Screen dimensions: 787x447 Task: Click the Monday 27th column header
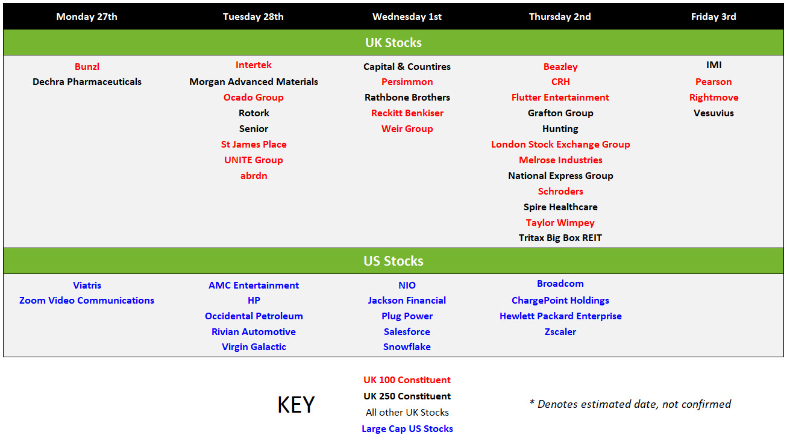(x=87, y=17)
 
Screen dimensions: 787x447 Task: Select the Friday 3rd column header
(x=713, y=17)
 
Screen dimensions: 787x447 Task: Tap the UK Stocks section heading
(x=393, y=43)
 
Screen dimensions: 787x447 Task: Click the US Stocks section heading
(x=393, y=261)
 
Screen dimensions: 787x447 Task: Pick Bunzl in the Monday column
(x=87, y=66)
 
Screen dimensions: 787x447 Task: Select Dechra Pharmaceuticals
(x=87, y=82)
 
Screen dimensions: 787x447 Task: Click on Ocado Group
(x=253, y=98)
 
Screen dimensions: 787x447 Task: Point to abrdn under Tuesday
(x=254, y=175)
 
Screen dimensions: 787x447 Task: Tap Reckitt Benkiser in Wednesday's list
(x=407, y=113)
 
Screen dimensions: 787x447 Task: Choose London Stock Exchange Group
(x=560, y=145)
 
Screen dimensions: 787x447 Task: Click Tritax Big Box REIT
(x=560, y=238)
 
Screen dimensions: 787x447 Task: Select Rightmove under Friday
(x=713, y=98)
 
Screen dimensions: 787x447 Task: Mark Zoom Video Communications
(x=86, y=301)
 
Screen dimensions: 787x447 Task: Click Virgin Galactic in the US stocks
(x=254, y=347)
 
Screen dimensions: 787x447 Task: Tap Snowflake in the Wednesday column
(x=407, y=347)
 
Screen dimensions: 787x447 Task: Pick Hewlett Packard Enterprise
(x=560, y=316)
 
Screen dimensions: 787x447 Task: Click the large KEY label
(x=296, y=404)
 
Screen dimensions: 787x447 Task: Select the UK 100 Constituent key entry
(x=407, y=380)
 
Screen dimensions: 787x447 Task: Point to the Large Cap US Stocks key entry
(x=407, y=429)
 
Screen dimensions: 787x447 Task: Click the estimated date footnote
(x=630, y=404)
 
